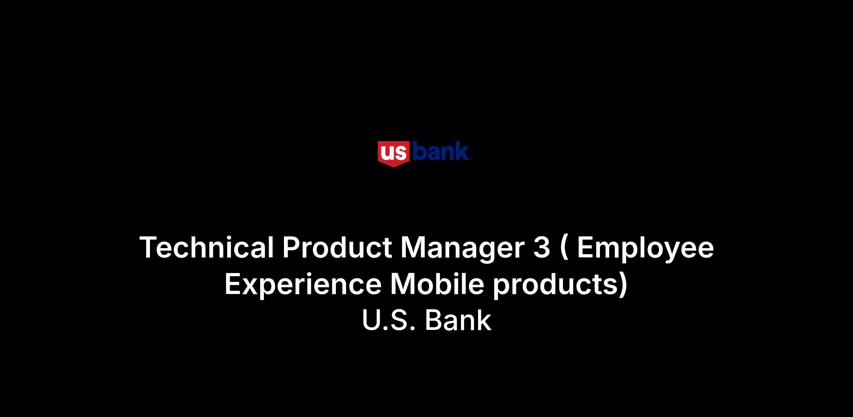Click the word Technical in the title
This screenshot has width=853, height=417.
click(x=206, y=247)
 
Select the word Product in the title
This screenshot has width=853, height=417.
click(x=337, y=247)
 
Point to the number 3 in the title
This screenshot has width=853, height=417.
click(x=541, y=247)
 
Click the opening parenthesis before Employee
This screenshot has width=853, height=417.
click(x=563, y=249)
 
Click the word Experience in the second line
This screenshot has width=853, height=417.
click(x=303, y=287)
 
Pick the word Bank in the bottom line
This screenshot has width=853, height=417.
click(x=458, y=320)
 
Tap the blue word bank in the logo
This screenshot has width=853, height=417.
click(x=441, y=151)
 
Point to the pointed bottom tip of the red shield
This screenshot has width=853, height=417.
click(x=394, y=167)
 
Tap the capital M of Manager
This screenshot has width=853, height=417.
click(x=413, y=247)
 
